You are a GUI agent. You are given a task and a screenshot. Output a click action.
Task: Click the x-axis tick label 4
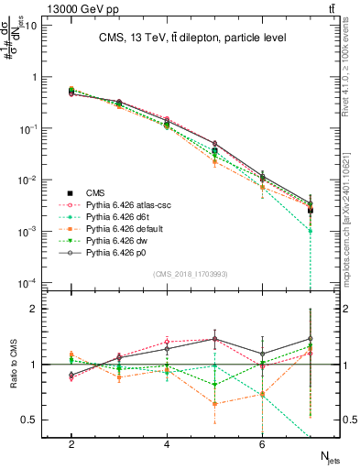pyautogui.click(x=167, y=444)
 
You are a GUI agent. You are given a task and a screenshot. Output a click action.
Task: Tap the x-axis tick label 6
pyautogui.click(x=262, y=444)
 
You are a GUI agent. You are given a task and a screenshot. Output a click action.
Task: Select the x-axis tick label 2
pyautogui.click(x=71, y=444)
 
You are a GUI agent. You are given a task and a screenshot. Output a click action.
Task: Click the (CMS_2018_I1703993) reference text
pyautogui.click(x=190, y=274)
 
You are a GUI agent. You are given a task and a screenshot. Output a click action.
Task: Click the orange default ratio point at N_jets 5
pyautogui.click(x=214, y=404)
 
